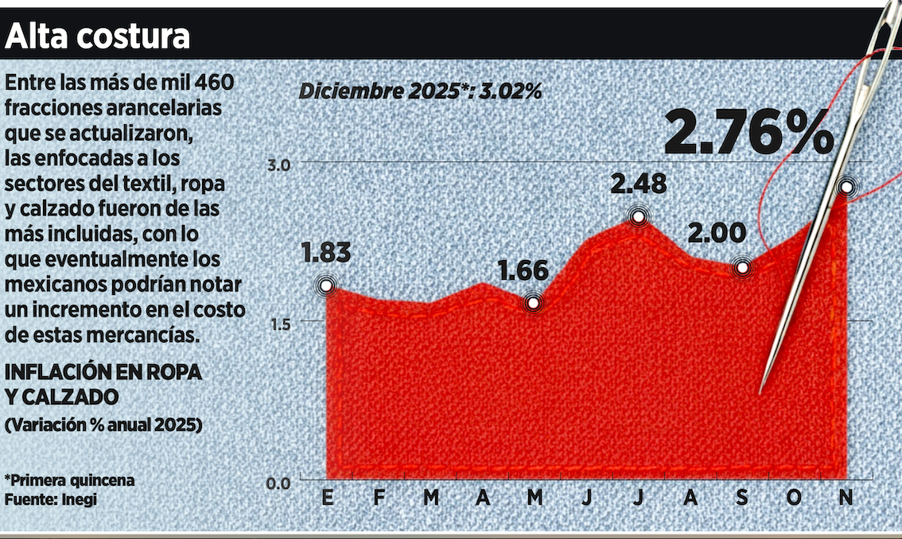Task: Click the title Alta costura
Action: tap(99, 36)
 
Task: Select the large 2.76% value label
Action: tap(748, 133)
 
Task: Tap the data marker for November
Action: tap(847, 188)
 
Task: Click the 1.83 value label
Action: tap(326, 253)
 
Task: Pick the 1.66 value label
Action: tap(523, 270)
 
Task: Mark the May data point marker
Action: tap(534, 303)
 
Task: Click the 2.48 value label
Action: tap(638, 184)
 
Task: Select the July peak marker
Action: tap(638, 217)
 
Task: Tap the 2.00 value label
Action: tap(717, 234)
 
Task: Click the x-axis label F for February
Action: tap(379, 498)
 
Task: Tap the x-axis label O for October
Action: tap(795, 498)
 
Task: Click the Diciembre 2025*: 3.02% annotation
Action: tap(420, 91)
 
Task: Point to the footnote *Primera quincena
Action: tap(69, 480)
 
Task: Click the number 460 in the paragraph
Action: tap(215, 82)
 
